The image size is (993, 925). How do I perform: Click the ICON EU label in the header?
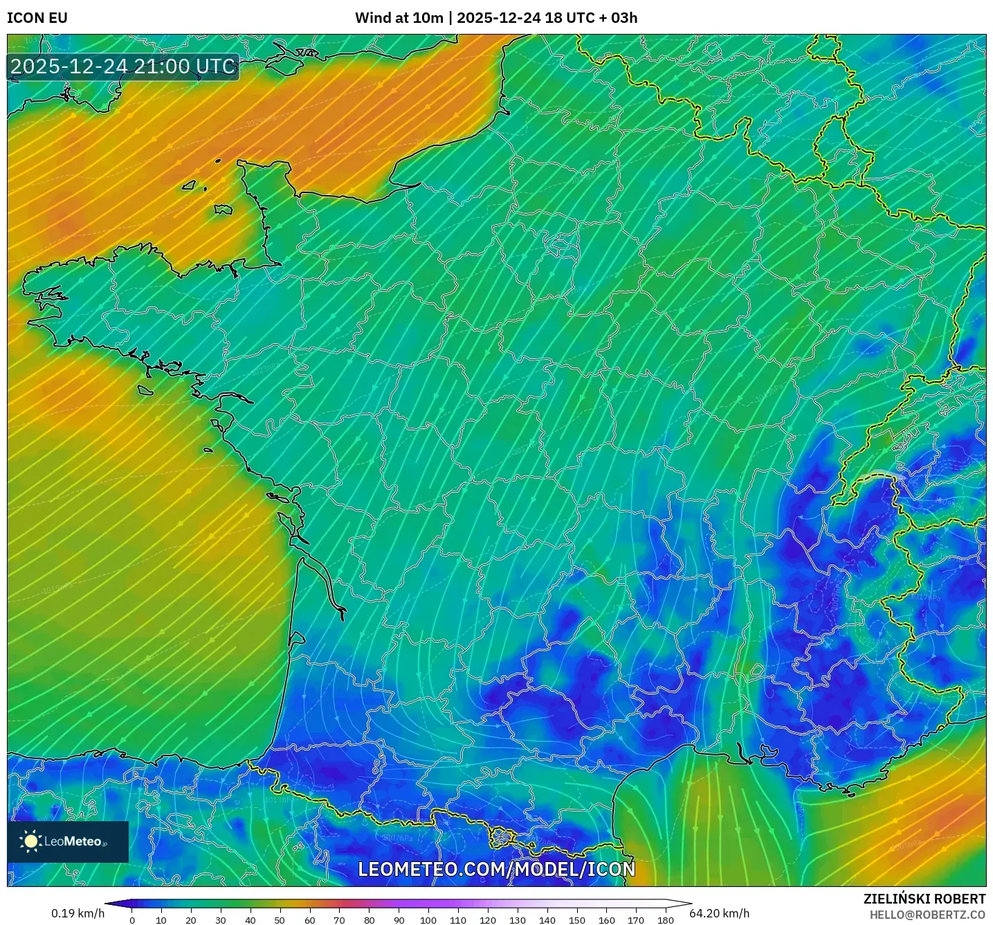(x=37, y=18)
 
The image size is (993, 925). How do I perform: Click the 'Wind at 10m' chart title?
(x=399, y=18)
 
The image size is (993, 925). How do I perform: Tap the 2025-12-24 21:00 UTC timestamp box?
(x=123, y=66)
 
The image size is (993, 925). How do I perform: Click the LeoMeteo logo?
(x=68, y=841)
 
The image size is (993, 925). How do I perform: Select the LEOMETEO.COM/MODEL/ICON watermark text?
(x=496, y=869)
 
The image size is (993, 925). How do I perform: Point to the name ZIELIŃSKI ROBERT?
(x=924, y=899)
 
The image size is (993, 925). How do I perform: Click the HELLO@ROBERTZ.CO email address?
(x=927, y=915)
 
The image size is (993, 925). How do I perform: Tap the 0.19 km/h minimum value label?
(x=78, y=913)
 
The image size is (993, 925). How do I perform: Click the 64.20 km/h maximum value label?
(x=720, y=913)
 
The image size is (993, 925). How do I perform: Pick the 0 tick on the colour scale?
(x=132, y=920)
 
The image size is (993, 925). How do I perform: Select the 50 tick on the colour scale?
(x=280, y=920)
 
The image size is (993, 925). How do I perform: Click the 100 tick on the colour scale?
(x=428, y=920)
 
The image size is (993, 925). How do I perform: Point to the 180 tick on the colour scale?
(x=666, y=920)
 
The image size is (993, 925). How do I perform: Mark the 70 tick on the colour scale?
(x=339, y=920)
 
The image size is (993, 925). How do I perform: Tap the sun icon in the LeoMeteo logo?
(x=30, y=841)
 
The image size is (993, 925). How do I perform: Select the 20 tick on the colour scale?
(x=191, y=920)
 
